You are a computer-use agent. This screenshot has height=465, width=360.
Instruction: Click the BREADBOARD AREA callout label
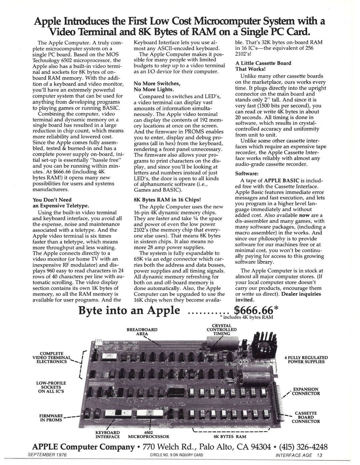(142, 331)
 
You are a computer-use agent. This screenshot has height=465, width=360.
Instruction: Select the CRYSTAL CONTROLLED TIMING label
(222, 329)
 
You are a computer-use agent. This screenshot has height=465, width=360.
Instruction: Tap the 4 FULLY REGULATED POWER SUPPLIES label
(306, 359)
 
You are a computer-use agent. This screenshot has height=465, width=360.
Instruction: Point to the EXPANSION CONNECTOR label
(306, 391)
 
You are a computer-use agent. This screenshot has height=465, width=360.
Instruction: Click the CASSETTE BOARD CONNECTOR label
(306, 417)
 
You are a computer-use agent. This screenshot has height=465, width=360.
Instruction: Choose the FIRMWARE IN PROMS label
(51, 418)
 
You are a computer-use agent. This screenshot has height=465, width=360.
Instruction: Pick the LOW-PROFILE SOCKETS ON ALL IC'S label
(51, 387)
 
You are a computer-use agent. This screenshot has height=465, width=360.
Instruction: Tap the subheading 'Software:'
(247, 174)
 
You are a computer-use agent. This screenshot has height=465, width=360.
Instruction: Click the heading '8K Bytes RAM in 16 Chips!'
(167, 200)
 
